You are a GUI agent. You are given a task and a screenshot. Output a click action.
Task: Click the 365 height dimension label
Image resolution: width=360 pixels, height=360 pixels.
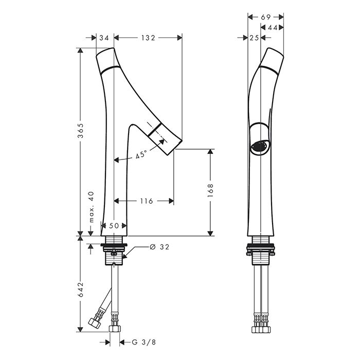pos(80,131)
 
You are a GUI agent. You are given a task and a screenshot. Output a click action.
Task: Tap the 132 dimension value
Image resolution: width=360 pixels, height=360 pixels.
pos(148,38)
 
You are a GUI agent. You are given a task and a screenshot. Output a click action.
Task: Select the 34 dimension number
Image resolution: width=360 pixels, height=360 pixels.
pos(104,38)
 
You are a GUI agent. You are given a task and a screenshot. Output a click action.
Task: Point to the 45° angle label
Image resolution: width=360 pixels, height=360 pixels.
pos(141,154)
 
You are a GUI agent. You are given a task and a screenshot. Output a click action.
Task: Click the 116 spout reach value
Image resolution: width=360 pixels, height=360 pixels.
pos(147,201)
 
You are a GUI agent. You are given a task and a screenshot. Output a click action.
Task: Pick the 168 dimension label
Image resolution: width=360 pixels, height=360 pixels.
pos(210,190)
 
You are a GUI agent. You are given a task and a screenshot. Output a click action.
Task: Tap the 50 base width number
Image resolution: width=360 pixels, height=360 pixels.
pos(114,226)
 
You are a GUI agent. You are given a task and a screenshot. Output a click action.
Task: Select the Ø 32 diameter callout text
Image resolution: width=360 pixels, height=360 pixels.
pos(159,247)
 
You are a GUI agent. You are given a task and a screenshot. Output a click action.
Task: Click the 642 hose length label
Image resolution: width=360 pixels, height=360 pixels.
pos(80,290)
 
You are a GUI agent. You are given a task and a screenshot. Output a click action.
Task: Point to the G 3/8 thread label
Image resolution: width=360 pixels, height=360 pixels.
pos(144,343)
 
